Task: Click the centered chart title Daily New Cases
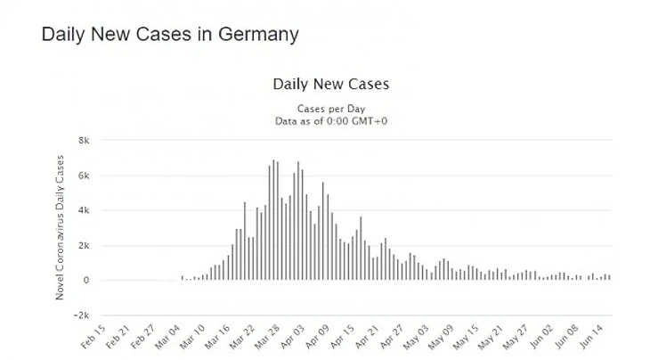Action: pyautogui.click(x=330, y=85)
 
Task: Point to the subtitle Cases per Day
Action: pyautogui.click(x=330, y=108)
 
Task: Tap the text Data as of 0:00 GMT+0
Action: pyautogui.click(x=330, y=119)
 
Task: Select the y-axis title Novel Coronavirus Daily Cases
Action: pyautogui.click(x=61, y=227)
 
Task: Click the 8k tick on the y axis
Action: pyautogui.click(x=85, y=141)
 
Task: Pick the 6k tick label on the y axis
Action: pyautogui.click(x=85, y=176)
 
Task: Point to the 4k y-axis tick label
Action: pyautogui.click(x=85, y=210)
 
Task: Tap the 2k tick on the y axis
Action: pyautogui.click(x=85, y=245)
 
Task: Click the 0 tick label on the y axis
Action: pyautogui.click(x=87, y=280)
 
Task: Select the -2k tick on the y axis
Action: pyautogui.click(x=83, y=315)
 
